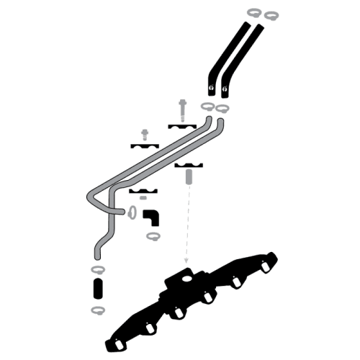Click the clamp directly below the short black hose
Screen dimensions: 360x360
point(98,310)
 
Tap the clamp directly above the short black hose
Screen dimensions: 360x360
point(98,269)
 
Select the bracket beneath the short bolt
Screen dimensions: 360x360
point(145,146)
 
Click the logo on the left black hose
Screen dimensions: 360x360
point(212,89)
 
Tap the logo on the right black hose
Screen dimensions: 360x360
point(225,89)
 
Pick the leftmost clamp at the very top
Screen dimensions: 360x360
point(253,12)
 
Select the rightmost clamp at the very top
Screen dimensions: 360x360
point(271,14)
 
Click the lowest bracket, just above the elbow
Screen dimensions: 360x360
point(143,192)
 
